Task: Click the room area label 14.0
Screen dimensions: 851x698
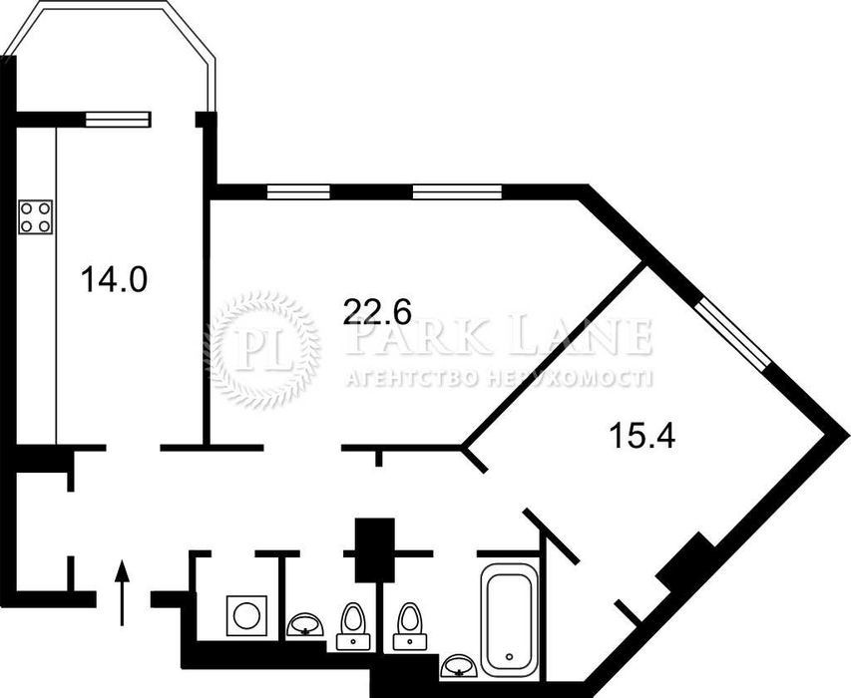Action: [114, 280]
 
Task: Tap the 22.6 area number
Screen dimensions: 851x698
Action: [378, 312]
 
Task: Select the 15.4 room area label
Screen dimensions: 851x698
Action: [642, 436]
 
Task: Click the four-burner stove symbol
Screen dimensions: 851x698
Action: [36, 217]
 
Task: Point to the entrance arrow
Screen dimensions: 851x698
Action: [122, 592]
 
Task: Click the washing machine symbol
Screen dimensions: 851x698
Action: [247, 615]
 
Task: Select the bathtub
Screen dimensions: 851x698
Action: [509, 620]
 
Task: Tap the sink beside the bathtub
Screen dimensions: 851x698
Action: [459, 665]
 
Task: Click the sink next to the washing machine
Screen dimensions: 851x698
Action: [305, 624]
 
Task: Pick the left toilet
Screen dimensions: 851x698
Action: [353, 626]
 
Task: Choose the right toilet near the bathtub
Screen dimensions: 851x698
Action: [410, 626]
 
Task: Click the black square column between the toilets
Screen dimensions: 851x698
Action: [374, 550]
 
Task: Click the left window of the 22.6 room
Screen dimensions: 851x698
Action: [298, 192]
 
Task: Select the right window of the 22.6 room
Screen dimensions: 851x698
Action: [457, 192]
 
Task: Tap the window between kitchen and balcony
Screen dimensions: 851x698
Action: [118, 120]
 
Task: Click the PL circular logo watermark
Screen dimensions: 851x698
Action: [264, 350]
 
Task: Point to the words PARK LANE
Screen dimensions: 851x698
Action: [499, 338]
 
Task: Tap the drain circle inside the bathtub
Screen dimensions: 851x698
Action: [509, 657]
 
